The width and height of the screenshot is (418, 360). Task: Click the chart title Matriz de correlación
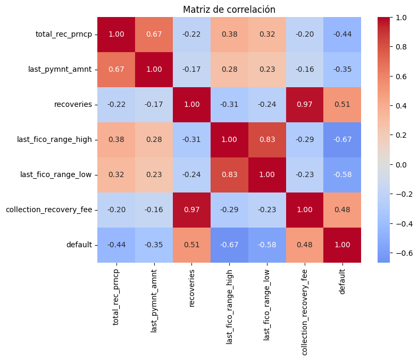[x=229, y=10]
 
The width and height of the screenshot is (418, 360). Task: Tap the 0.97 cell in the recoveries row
[x=304, y=105]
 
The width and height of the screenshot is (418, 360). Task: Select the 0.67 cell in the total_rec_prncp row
[x=154, y=35]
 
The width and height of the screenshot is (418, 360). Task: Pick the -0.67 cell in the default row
[x=229, y=245]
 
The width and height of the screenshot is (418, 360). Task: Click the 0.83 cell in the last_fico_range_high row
[x=267, y=140]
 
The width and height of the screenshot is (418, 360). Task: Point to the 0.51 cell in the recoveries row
[x=342, y=105]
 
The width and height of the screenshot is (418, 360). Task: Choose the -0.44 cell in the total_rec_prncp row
[x=342, y=35]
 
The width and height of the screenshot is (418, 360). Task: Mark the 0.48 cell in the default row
[x=304, y=245]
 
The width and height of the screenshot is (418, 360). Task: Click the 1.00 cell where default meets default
[x=342, y=245]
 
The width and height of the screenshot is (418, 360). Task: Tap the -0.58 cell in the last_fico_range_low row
[x=342, y=175]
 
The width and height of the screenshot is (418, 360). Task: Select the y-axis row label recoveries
[x=74, y=105]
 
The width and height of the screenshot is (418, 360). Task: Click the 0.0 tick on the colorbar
[x=402, y=165]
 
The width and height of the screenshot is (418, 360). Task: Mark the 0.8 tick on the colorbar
[x=402, y=47]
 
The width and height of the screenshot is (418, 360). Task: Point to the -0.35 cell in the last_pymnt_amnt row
[x=342, y=70]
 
